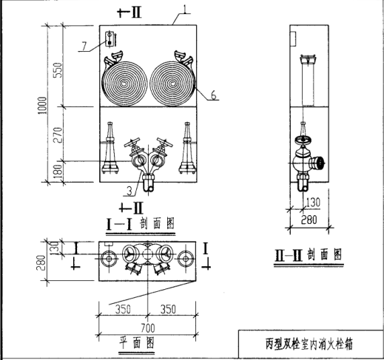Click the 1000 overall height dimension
tap(42, 105)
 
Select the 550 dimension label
tap(58, 70)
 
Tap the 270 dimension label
tap(58, 135)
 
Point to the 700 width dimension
tap(148, 328)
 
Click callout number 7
tap(84, 46)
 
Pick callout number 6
tap(214, 95)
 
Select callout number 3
tap(129, 191)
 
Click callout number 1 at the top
tap(184, 9)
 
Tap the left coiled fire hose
tap(124, 84)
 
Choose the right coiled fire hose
tap(172, 84)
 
